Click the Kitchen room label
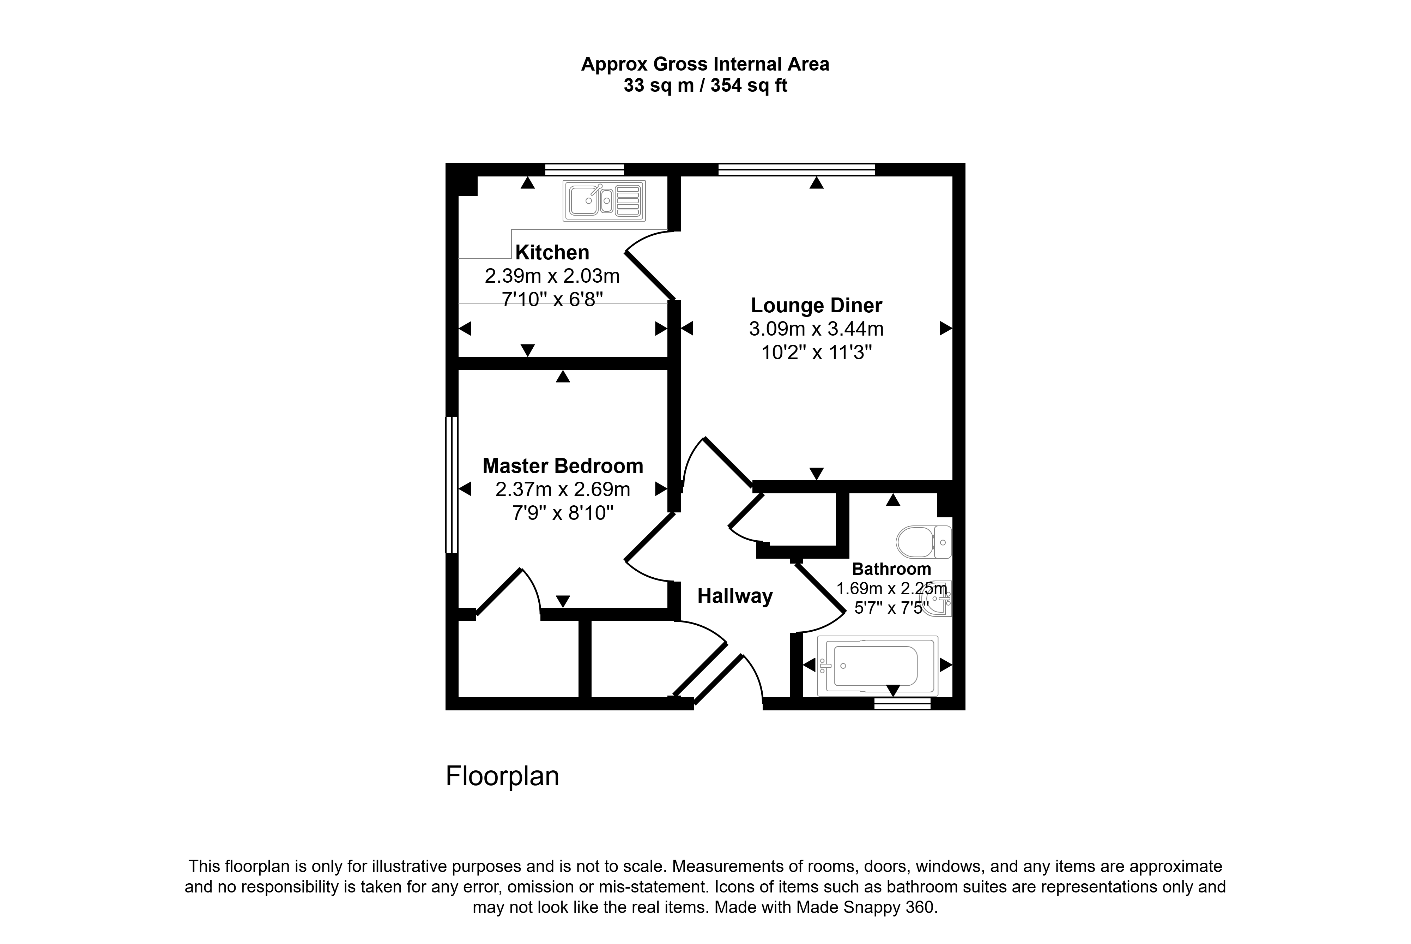coord(552,252)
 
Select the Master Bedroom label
coord(563,466)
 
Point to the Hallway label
coord(735,596)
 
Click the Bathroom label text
coord(891,569)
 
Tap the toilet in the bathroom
coord(923,542)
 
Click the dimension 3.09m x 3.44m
coord(816,329)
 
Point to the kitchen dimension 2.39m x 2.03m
coord(552,276)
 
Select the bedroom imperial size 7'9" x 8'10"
coord(563,513)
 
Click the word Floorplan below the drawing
coord(502,776)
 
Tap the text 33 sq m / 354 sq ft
coord(705,85)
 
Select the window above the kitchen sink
coord(584,169)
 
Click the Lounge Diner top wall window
coord(797,169)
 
